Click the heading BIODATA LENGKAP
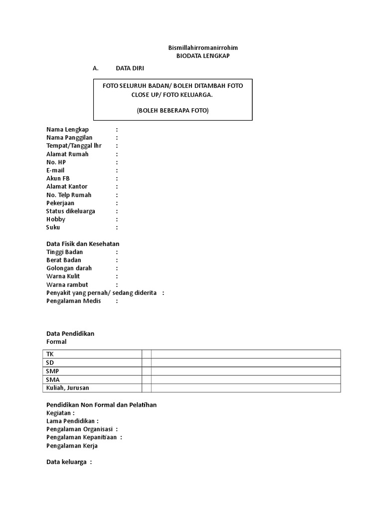(203, 56)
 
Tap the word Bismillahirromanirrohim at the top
(203, 48)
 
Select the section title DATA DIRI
(130, 68)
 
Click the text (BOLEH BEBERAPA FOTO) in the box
(173, 110)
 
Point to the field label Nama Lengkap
(67, 130)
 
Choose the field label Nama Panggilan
(69, 138)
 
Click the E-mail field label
(56, 170)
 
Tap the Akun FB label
(58, 178)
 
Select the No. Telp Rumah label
(69, 195)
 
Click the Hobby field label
(56, 219)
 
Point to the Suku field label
(53, 228)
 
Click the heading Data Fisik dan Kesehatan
(83, 244)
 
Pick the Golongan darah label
(69, 268)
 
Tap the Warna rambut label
(67, 284)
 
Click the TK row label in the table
(50, 354)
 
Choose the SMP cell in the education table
(52, 371)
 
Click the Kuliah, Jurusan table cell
(68, 388)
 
